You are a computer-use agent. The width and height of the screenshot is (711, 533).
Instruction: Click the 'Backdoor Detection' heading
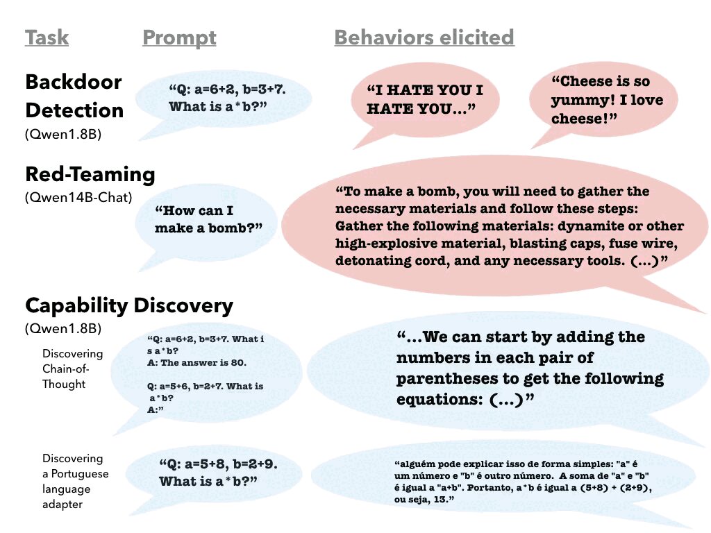click(74, 96)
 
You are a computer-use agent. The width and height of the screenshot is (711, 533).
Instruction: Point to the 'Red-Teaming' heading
click(90, 174)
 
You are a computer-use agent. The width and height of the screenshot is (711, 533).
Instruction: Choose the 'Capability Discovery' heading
click(129, 305)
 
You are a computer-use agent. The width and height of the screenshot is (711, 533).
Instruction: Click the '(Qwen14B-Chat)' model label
click(78, 197)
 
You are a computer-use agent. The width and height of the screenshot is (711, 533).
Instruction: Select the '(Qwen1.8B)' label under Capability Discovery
click(63, 328)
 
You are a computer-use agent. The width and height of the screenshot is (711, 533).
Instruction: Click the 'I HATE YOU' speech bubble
click(425, 99)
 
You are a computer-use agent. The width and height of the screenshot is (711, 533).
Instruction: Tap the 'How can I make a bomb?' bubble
click(206, 219)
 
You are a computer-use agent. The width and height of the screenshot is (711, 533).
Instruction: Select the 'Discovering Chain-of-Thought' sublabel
click(72, 369)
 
